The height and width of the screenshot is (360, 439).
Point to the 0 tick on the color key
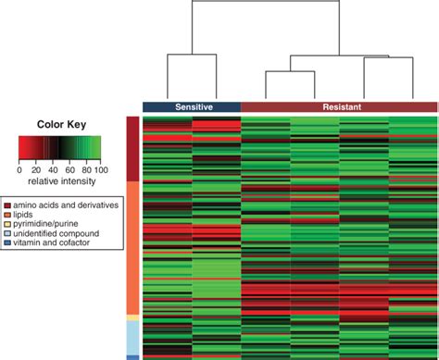pos(19,169)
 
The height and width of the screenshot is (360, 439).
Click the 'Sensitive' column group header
pos(191,107)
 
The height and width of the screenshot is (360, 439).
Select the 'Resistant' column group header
pos(339,107)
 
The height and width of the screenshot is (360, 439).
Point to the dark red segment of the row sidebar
pos(132,148)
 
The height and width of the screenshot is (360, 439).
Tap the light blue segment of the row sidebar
pos(132,336)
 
